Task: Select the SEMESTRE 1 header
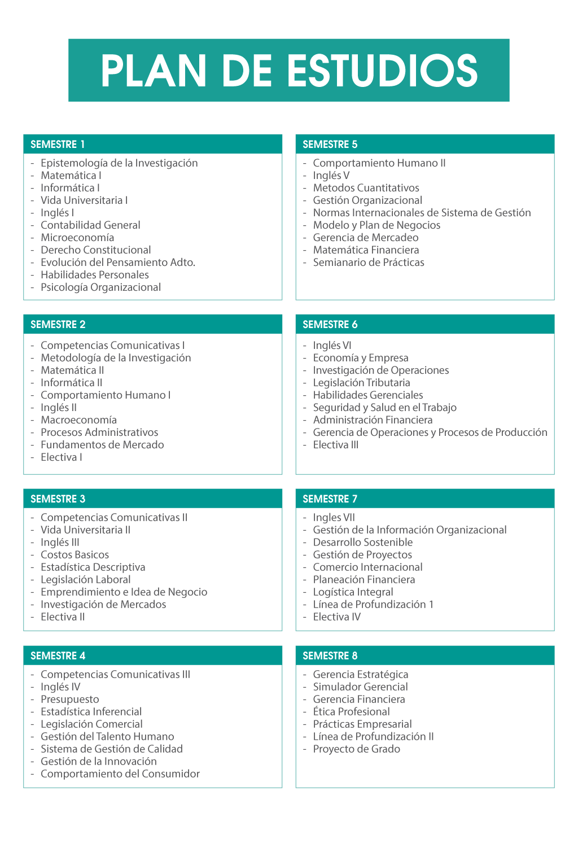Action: pos(58,145)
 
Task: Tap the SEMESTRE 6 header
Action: pos(330,325)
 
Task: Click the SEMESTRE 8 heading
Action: pos(330,656)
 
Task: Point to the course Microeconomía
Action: pos(77,238)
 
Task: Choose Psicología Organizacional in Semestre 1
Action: pos(100,287)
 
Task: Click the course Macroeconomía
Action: pos(78,420)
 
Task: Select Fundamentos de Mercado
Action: pos(102,445)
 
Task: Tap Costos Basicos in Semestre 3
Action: pos(75,555)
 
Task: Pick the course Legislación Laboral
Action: pos(85,580)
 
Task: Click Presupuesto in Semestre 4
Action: pos(69,700)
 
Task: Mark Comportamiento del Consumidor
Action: pos(120,774)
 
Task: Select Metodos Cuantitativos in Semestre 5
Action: pos(366,188)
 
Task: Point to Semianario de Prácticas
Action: pos(369,263)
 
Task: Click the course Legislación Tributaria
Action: pos(362,383)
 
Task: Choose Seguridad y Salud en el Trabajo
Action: pos(385,408)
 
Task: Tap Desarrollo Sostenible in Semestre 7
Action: pos(363,543)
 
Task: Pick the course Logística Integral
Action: pos(353,592)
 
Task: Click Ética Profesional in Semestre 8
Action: pos(352,712)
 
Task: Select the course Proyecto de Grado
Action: pos(357,749)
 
